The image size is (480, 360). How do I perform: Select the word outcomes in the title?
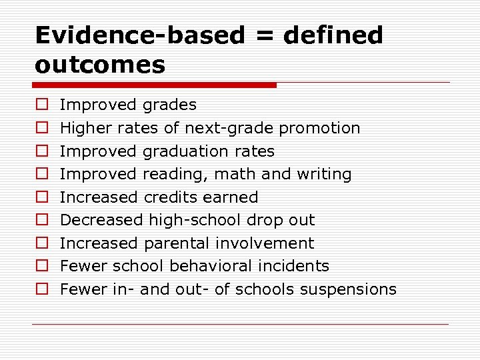(100, 65)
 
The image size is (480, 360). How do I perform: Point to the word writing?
(325, 175)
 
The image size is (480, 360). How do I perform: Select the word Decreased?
(101, 220)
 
